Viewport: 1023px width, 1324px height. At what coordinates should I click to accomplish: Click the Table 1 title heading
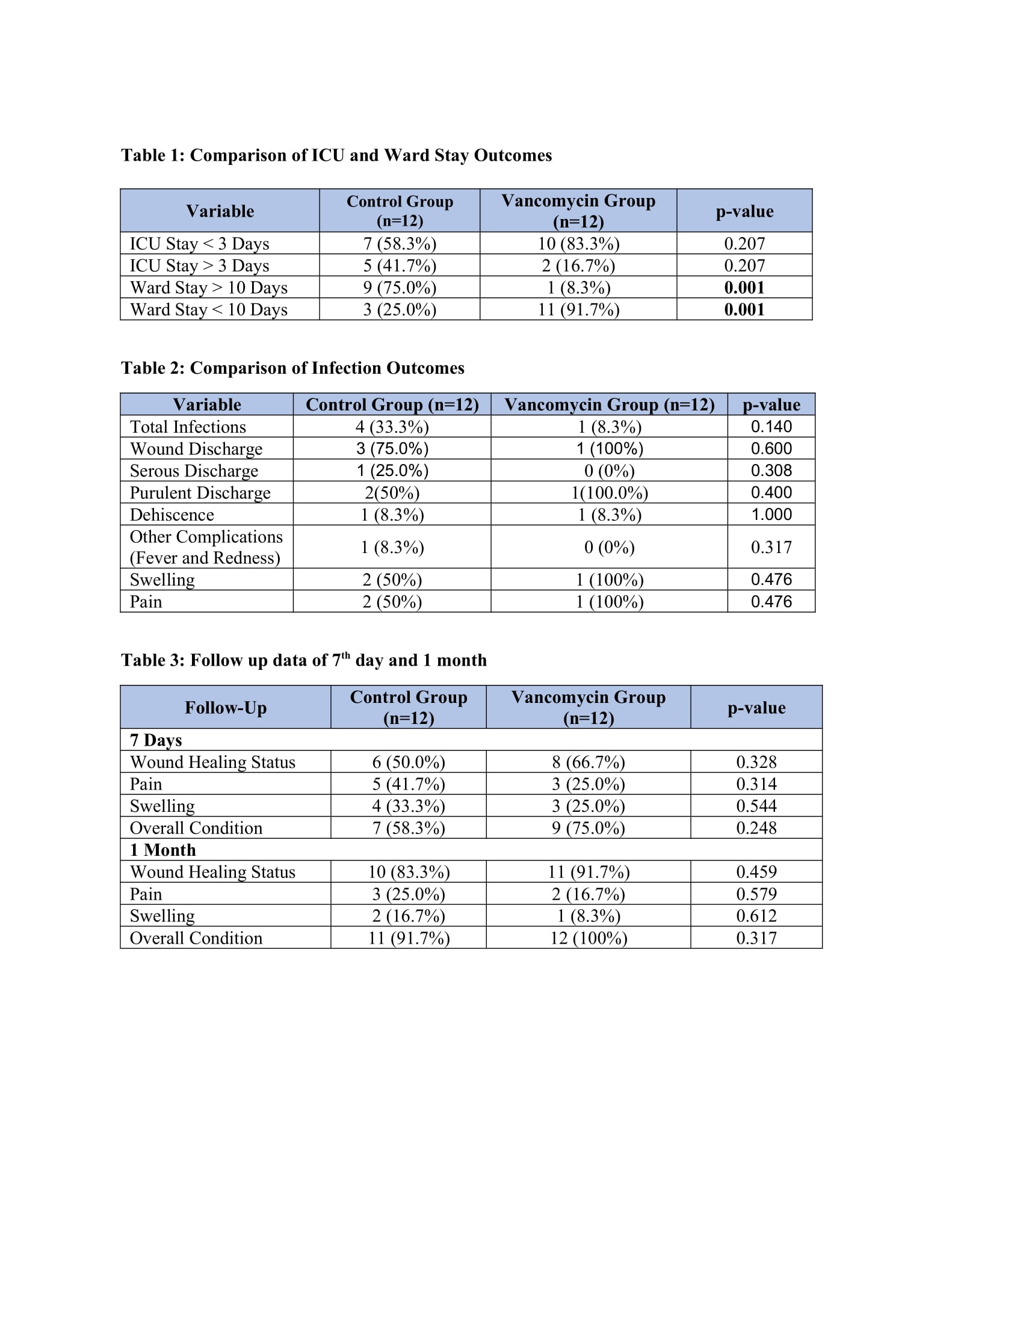tap(336, 155)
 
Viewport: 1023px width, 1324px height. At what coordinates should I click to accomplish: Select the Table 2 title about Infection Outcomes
tap(292, 368)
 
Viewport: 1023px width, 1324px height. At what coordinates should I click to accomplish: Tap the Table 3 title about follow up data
tap(304, 660)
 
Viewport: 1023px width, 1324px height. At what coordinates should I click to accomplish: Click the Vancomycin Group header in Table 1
tap(578, 211)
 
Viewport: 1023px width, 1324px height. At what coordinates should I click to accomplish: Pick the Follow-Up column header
tap(226, 708)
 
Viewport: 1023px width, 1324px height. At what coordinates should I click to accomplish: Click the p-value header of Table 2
tap(771, 404)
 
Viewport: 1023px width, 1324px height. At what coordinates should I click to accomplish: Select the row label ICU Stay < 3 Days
tap(199, 244)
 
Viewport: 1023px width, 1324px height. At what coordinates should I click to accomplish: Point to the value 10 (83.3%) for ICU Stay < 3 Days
tap(578, 244)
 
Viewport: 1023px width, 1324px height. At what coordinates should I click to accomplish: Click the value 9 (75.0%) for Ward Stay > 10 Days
tap(400, 287)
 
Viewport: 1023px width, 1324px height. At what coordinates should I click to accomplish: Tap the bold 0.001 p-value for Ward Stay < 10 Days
tap(744, 310)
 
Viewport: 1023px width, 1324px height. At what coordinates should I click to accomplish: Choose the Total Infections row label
tap(188, 427)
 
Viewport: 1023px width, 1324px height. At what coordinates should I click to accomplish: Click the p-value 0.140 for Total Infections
tap(771, 427)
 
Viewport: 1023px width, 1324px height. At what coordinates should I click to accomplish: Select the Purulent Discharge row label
tap(200, 493)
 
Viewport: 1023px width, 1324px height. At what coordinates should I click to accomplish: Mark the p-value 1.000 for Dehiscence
tap(771, 515)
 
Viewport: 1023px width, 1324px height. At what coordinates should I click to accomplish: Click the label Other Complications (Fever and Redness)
tap(206, 547)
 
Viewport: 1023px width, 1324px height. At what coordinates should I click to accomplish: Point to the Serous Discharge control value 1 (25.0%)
tap(392, 471)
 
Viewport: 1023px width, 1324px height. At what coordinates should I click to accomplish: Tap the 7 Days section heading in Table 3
tap(156, 740)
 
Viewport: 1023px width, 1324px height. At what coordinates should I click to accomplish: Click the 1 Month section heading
tap(162, 850)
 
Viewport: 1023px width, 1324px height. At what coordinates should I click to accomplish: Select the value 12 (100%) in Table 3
tap(588, 938)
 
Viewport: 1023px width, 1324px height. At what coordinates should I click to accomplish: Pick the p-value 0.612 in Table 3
tap(756, 916)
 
